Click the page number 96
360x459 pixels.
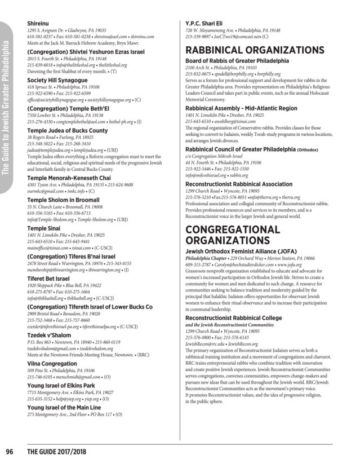coord(10,451)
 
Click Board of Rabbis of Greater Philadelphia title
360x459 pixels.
coord(245,60)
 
